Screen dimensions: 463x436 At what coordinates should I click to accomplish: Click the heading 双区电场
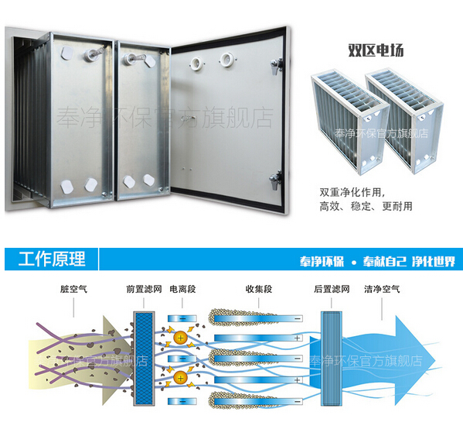pos(376,50)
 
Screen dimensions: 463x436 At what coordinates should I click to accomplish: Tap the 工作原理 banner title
pos(52,259)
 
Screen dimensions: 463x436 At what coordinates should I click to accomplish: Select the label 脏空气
pos(73,289)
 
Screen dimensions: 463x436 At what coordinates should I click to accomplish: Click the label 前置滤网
pos(144,289)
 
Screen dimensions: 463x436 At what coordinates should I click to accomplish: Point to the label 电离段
pos(182,289)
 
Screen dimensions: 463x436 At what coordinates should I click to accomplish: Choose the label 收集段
pos(259,289)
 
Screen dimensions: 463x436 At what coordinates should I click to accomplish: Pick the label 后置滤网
pos(332,289)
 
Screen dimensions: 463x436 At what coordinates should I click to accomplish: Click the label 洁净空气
pos(382,289)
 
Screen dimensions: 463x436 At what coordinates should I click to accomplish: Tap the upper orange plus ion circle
pos(181,338)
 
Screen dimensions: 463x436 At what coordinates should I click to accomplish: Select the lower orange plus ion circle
pos(181,378)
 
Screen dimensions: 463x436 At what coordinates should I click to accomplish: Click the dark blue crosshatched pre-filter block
pos(144,359)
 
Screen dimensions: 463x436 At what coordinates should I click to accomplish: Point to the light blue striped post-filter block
pos(332,359)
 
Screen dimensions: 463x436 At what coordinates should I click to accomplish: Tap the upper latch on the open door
pos(277,66)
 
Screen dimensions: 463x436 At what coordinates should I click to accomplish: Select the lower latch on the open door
pos(275,179)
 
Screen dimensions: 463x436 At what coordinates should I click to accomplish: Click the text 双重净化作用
pos(352,193)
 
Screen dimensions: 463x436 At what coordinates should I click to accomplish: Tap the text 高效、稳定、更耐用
pos(366,206)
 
